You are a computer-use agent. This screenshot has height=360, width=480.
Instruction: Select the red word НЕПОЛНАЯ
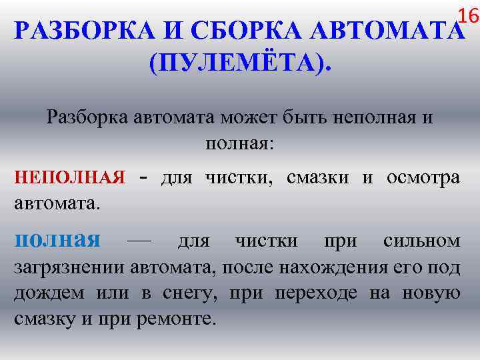70,177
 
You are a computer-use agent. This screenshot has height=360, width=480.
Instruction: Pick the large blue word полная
57,239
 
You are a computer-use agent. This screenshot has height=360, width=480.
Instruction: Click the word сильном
421,240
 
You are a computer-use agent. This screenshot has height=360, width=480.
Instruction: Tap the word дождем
49,293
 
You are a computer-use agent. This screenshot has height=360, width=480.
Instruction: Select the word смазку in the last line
45,319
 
